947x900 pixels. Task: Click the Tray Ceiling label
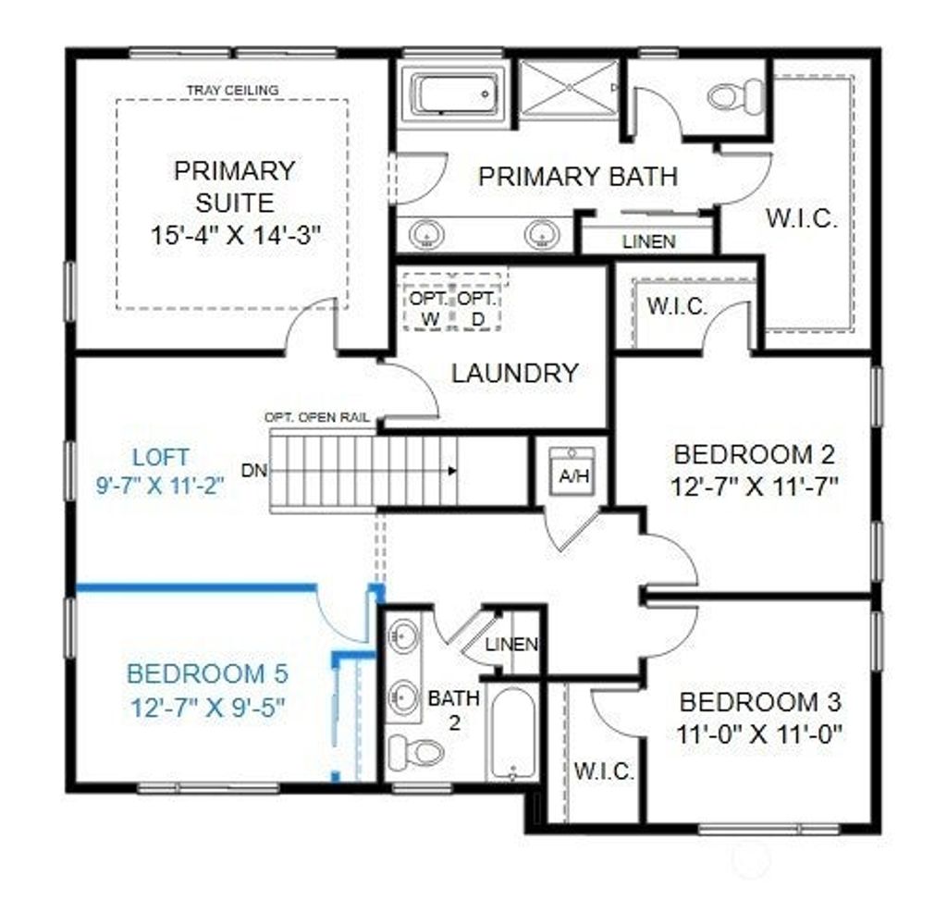click(232, 91)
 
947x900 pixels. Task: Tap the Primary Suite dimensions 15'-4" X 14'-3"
click(235, 234)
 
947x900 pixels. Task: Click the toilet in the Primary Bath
click(736, 95)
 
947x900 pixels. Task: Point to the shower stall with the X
click(569, 88)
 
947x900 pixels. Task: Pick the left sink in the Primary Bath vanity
click(427, 234)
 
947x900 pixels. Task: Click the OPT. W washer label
click(429, 309)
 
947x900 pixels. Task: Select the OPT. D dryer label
click(476, 309)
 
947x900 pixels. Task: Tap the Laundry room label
click(515, 374)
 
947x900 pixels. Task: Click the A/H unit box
click(573, 471)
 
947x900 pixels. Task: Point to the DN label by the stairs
click(253, 471)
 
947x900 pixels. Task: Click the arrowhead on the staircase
click(452, 471)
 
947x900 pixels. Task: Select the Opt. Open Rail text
click(317, 418)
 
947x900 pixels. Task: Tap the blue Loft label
click(161, 457)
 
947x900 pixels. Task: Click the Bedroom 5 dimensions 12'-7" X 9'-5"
click(208, 708)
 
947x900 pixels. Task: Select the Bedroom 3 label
click(760, 702)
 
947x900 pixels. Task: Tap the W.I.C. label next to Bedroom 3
click(604, 771)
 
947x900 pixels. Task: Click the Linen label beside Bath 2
click(510, 645)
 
